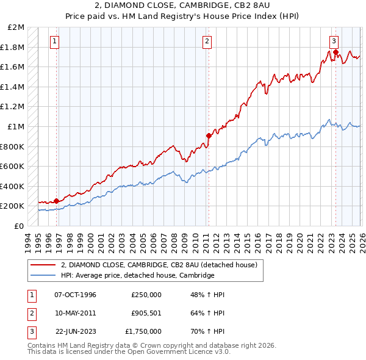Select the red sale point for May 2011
[209, 135]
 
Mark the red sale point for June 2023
[335, 52]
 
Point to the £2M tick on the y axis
[16, 27]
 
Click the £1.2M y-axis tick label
[13, 107]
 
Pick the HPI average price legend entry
[138, 275]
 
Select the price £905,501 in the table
[146, 313]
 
